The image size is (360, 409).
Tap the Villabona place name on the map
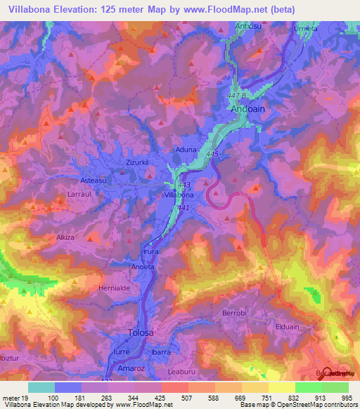coord(179,193)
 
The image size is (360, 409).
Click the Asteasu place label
coord(91,180)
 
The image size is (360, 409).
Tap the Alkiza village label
coord(69,238)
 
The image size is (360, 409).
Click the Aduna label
coord(185,150)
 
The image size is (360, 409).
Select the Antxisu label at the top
coord(249,27)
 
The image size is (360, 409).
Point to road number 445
coord(214,153)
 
